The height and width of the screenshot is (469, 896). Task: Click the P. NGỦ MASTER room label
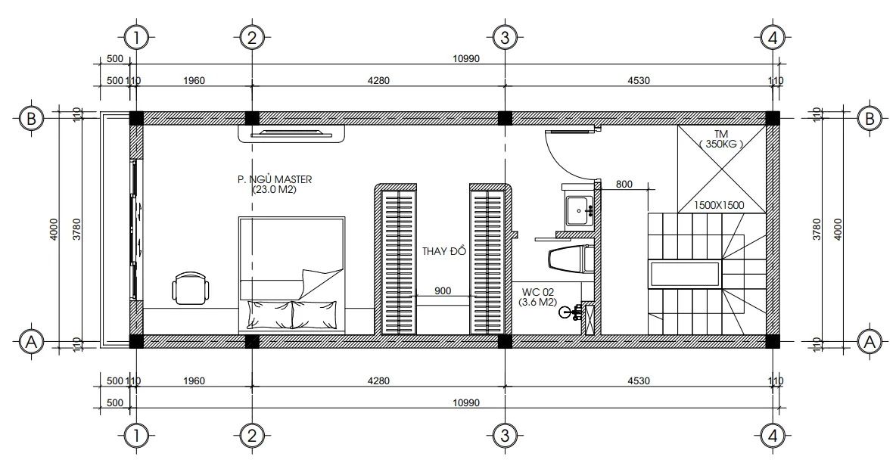pyautogui.click(x=275, y=179)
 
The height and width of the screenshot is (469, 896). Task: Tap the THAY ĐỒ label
pyautogui.click(x=444, y=251)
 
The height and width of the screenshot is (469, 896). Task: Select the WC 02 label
pyautogui.click(x=537, y=292)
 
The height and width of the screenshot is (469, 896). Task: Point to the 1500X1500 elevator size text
pyautogui.click(x=719, y=205)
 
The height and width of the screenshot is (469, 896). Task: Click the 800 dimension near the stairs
pyautogui.click(x=624, y=184)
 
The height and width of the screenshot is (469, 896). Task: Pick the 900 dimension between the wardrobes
pyautogui.click(x=443, y=290)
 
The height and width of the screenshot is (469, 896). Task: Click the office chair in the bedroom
pyautogui.click(x=190, y=288)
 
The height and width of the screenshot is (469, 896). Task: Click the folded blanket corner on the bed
pyautogui.click(x=321, y=284)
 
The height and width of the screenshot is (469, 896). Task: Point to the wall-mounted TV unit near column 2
pyautogui.click(x=291, y=134)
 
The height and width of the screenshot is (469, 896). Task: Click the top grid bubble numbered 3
pyautogui.click(x=505, y=39)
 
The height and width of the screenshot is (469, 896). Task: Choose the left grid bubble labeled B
pyautogui.click(x=32, y=118)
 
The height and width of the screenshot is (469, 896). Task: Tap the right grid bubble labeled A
pyautogui.click(x=870, y=342)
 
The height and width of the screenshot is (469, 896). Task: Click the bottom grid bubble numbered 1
pyautogui.click(x=136, y=436)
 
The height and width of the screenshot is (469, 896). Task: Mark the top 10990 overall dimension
pyautogui.click(x=465, y=58)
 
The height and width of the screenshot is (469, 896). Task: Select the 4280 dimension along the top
pyautogui.click(x=378, y=80)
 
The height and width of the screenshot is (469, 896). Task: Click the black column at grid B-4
pyautogui.click(x=772, y=118)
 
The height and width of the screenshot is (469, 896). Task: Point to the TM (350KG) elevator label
pyautogui.click(x=721, y=139)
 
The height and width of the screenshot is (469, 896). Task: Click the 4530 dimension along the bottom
pyautogui.click(x=638, y=381)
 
